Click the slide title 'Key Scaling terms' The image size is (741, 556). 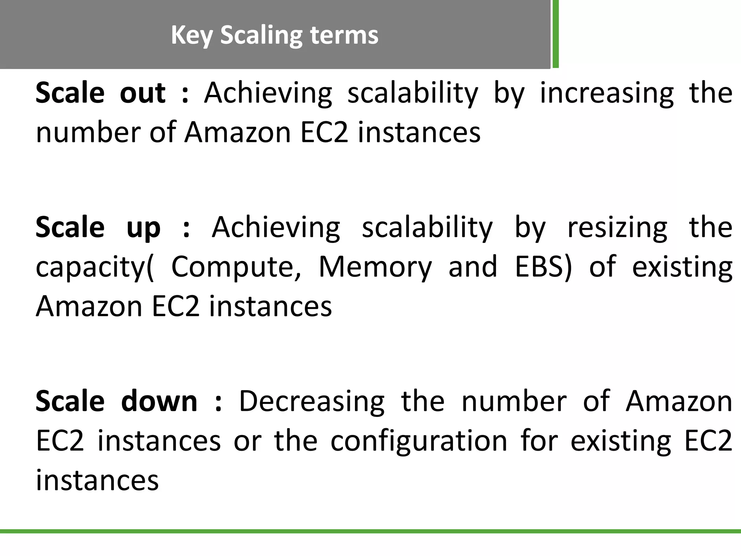click(x=274, y=35)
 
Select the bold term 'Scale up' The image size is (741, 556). click(x=98, y=227)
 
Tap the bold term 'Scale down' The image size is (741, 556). click(x=116, y=401)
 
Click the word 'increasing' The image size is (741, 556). click(x=607, y=93)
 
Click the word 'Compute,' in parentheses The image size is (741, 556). click(x=236, y=267)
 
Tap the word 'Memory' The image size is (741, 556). click(x=375, y=267)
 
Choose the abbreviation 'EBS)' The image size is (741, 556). click(x=543, y=267)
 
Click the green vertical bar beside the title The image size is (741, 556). click(x=555, y=34)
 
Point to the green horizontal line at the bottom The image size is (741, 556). click(x=370, y=531)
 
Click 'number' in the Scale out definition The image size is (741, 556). click(x=86, y=132)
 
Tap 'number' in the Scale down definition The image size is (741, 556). click(x=514, y=401)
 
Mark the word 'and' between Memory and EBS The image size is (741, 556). click(x=473, y=267)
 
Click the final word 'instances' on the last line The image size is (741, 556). click(x=97, y=480)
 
